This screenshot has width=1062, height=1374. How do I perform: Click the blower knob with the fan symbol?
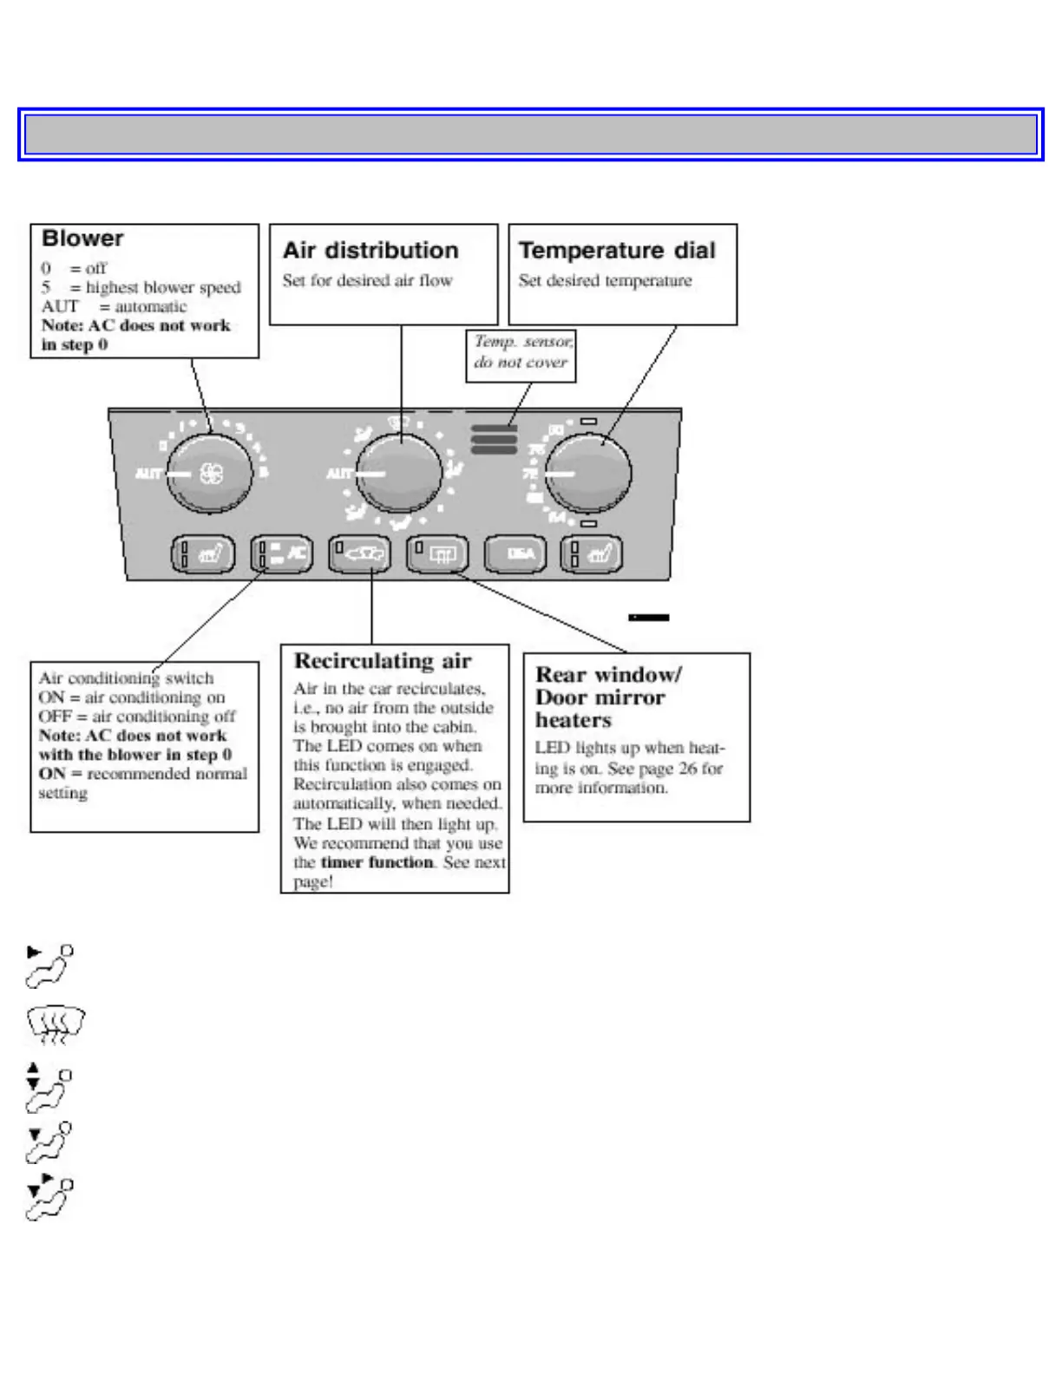(x=210, y=473)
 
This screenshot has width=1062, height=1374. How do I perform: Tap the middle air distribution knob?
(x=399, y=474)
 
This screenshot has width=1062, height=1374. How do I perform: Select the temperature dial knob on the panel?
(x=589, y=474)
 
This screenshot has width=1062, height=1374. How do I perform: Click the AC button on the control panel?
(x=281, y=553)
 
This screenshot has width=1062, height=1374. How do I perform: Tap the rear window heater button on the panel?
(x=438, y=553)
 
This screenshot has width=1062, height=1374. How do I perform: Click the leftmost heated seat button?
(x=203, y=553)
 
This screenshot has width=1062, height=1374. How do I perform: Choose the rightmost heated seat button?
(x=593, y=553)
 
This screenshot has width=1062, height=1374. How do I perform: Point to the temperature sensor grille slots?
(x=494, y=439)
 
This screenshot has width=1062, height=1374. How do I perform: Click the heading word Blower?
(x=82, y=239)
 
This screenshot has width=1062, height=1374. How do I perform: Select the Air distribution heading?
(x=370, y=251)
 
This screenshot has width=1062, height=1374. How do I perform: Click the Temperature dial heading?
(x=617, y=251)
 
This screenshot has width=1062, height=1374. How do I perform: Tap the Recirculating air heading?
(x=383, y=661)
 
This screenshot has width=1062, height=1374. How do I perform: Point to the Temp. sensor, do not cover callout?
(x=521, y=352)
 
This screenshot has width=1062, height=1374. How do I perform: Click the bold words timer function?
(x=377, y=862)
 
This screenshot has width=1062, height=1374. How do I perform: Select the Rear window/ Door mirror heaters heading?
(x=607, y=697)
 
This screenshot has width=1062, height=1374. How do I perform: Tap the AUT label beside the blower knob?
(x=148, y=474)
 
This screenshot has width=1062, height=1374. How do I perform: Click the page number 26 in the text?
(x=687, y=769)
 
